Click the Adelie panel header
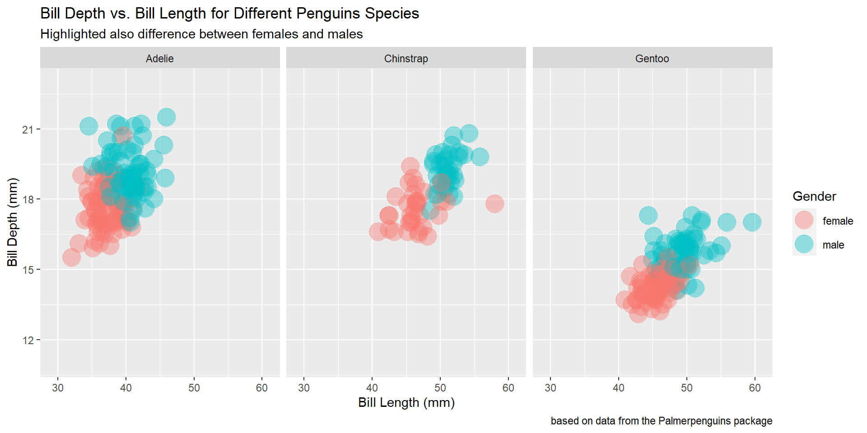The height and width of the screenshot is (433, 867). [159, 58]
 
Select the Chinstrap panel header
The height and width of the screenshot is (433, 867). [406, 58]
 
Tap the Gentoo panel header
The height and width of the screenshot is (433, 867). [652, 58]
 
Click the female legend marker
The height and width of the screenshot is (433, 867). [804, 221]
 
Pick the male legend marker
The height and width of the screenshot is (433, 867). [804, 244]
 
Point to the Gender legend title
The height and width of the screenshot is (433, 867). [814, 196]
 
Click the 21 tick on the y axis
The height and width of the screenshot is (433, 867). [28, 130]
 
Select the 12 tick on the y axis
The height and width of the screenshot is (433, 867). [28, 340]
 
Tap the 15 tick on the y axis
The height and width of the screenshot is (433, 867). [28, 270]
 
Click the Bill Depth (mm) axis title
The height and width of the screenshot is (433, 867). [12, 222]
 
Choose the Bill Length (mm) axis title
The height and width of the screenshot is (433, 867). [406, 402]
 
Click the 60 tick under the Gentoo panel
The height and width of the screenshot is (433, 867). [755, 388]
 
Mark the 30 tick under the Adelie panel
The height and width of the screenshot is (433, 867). [58, 388]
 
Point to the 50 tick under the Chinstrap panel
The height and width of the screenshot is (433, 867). [440, 388]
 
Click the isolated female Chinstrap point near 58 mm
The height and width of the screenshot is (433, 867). [494, 203]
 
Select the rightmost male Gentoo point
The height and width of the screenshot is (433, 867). [752, 222]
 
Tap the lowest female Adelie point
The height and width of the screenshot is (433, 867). [71, 258]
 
